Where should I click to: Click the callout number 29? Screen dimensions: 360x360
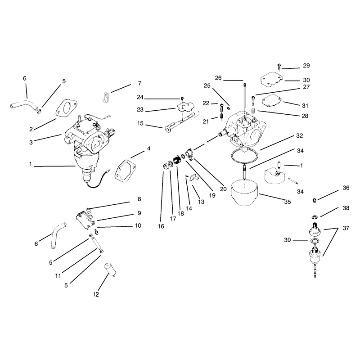(x=306, y=66)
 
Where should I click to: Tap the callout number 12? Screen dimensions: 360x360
(x=96, y=294)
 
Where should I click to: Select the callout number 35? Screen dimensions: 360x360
(x=288, y=202)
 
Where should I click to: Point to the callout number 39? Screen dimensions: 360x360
(x=288, y=240)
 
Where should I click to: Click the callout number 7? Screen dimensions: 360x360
(x=139, y=83)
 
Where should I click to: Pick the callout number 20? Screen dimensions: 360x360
(x=223, y=189)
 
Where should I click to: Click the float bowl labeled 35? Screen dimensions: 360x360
(x=245, y=193)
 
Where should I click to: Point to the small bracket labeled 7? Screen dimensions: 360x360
(x=105, y=97)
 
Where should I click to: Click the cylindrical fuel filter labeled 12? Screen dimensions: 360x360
(x=110, y=270)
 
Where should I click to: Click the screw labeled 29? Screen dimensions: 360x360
(x=279, y=67)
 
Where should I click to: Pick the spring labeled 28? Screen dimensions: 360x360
(x=254, y=111)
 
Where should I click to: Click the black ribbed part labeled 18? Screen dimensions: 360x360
(x=177, y=160)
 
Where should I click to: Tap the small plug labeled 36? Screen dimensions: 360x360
(x=315, y=201)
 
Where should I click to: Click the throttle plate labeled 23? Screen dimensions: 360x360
(x=185, y=107)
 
